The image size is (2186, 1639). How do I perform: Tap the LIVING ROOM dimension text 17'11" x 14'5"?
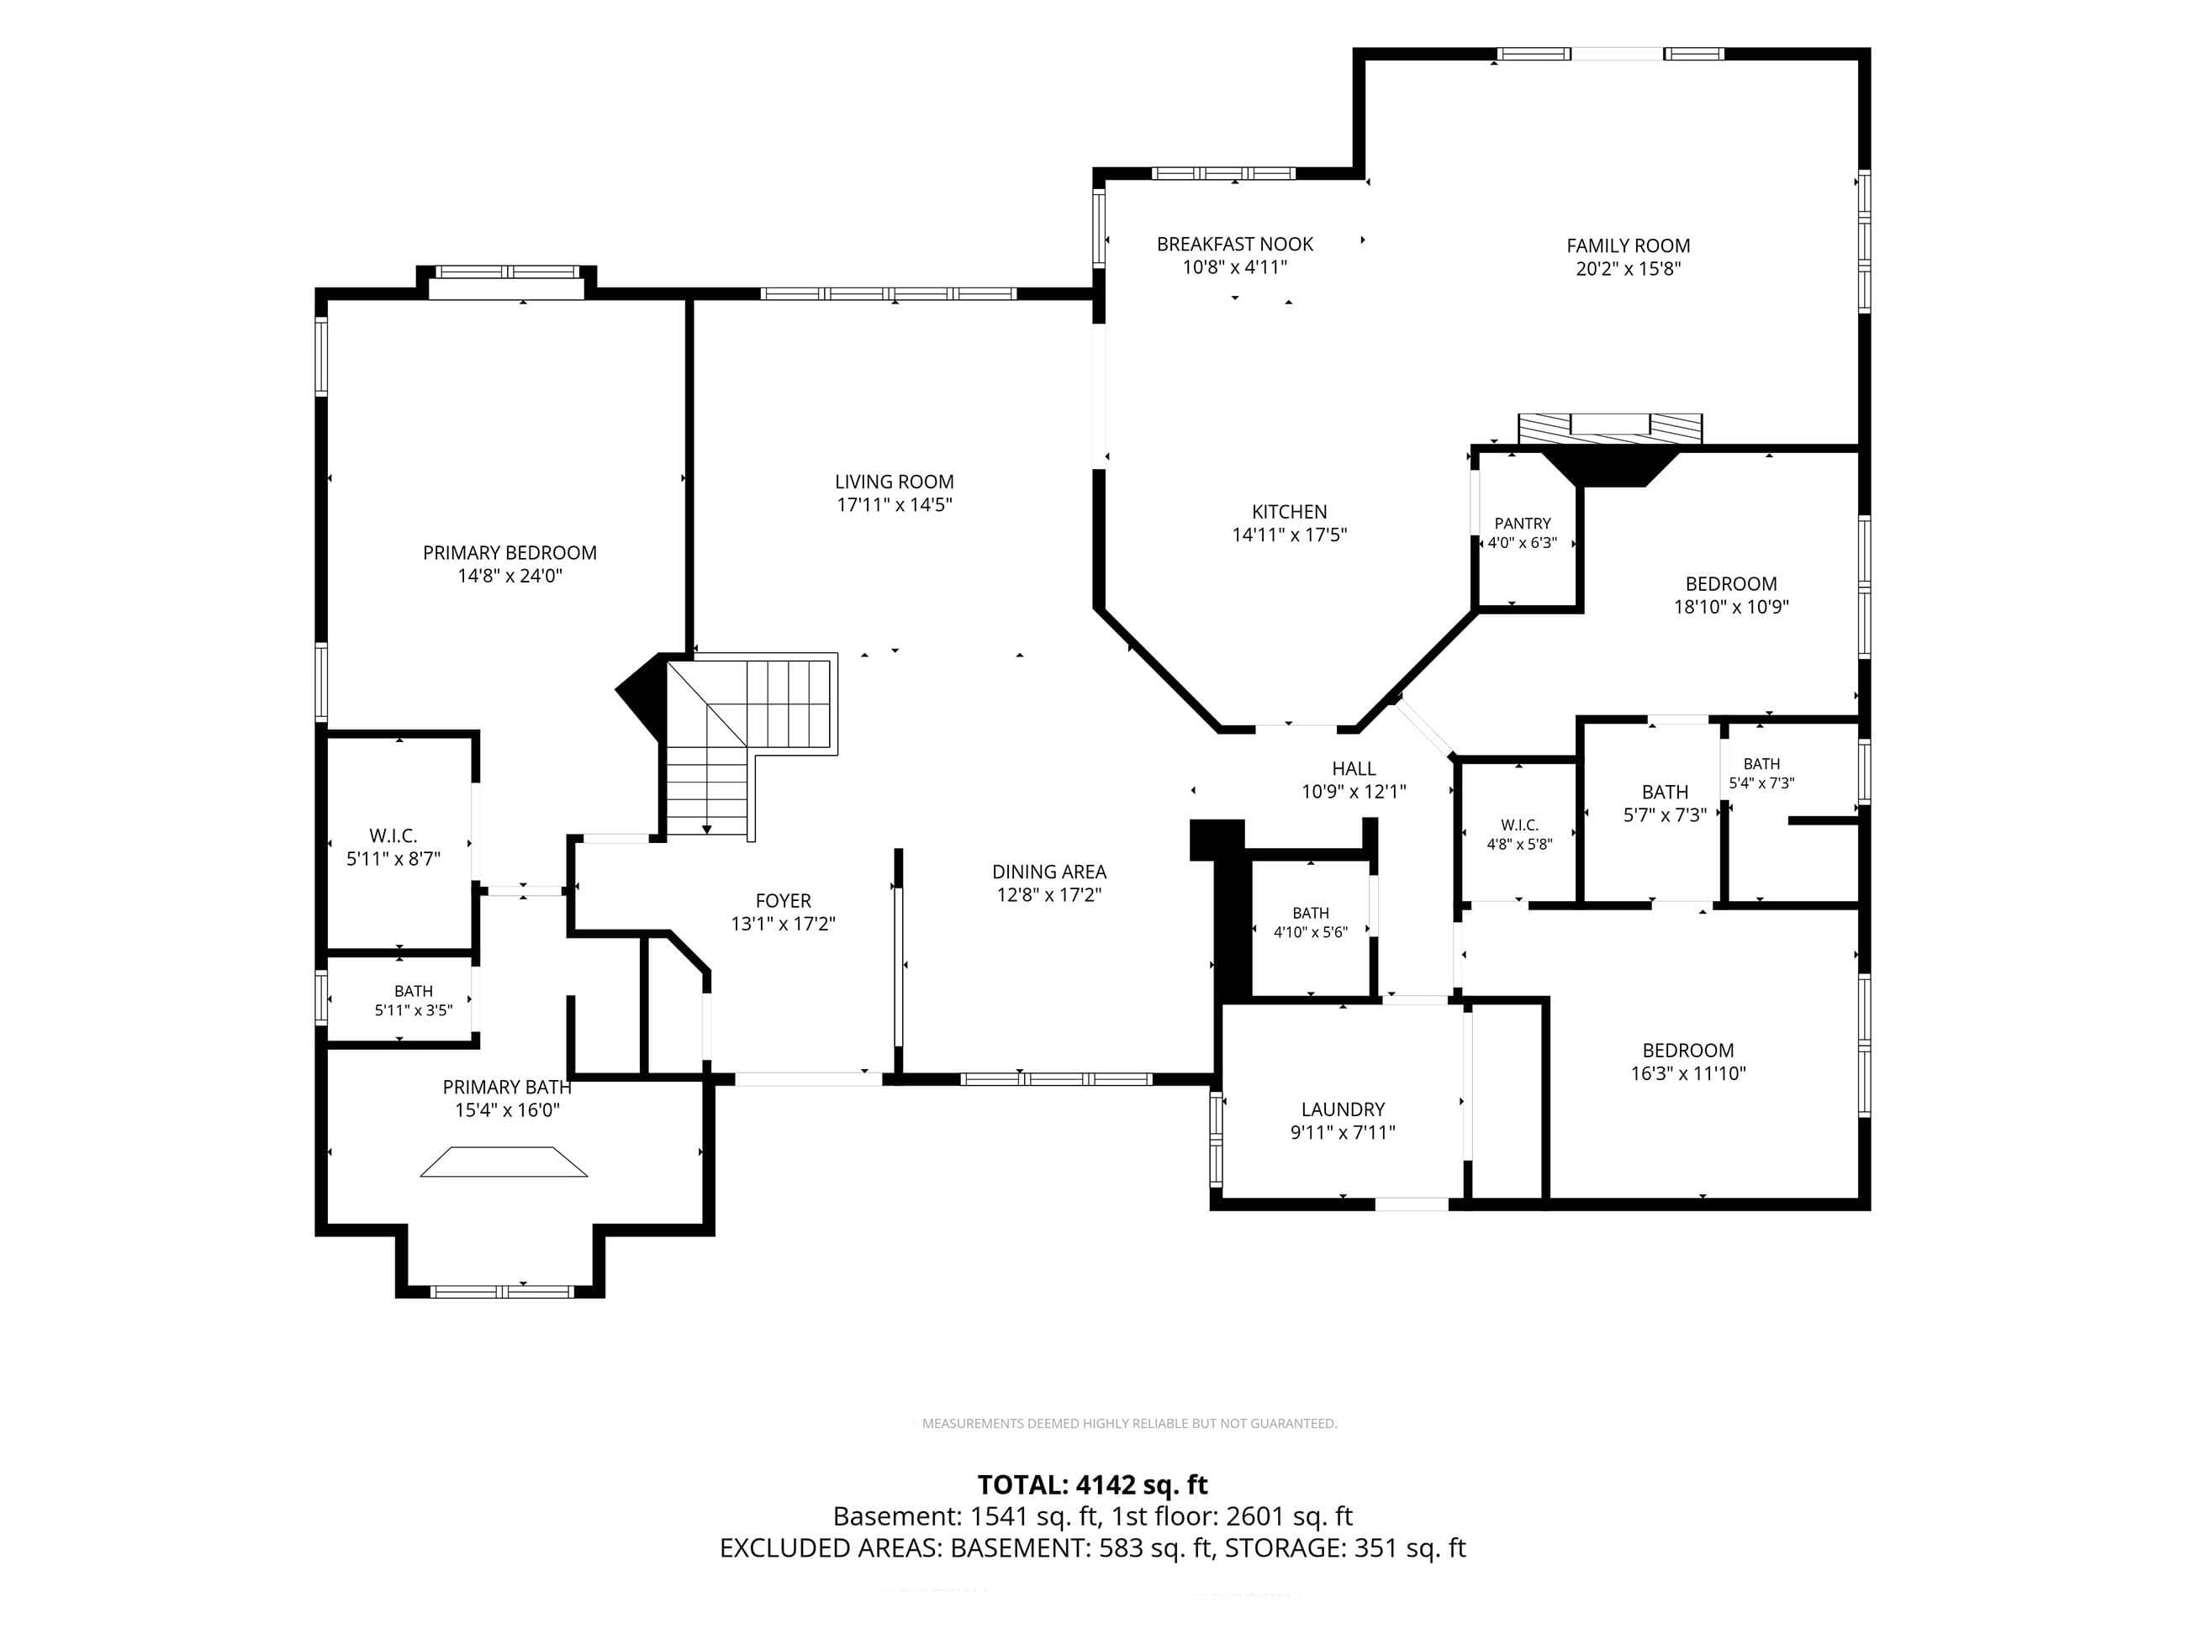pos(894,505)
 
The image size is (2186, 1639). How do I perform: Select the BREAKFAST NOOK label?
pos(1234,244)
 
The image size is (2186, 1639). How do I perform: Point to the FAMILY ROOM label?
pos(1628,246)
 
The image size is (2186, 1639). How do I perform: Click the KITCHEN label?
pos(1289,512)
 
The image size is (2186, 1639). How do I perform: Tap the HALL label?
pos(1353,768)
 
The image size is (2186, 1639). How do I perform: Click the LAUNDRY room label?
pos(1342,1109)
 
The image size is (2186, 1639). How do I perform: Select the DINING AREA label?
pos(1048,872)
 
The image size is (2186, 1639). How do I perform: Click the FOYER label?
pos(783,901)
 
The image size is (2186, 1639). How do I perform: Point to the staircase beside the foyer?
pos(751,746)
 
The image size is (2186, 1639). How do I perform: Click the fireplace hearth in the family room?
pos(1610,428)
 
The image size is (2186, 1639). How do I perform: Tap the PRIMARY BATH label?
pos(506,1087)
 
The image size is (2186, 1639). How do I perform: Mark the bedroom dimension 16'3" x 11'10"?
pos(1688,1074)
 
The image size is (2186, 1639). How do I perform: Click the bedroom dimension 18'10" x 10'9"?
pos(1730,607)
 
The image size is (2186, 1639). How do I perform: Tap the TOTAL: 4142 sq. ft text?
pos(1092,1485)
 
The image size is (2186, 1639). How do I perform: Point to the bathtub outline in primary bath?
pos(503,1162)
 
